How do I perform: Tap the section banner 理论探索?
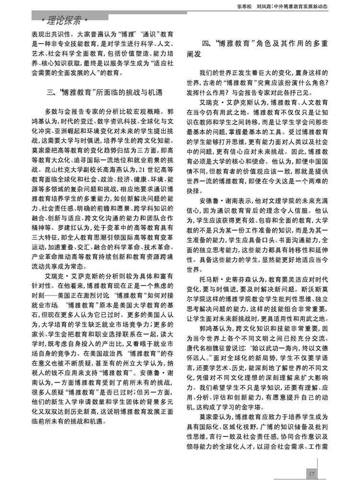[65, 21]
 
